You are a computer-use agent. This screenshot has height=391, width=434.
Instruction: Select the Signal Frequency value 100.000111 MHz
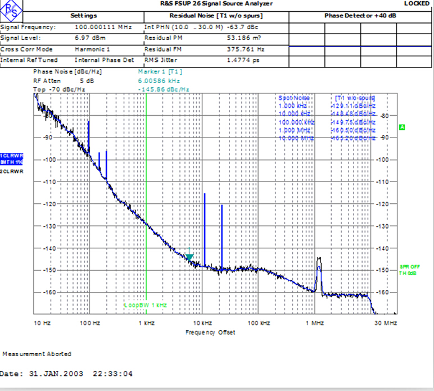pyautogui.click(x=103, y=27)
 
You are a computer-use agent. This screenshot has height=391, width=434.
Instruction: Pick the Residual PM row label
pyautogui.click(x=161, y=38)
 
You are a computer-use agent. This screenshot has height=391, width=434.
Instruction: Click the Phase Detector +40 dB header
pyautogui.click(x=360, y=16)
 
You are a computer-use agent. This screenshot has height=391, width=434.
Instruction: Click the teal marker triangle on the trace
pyautogui.click(x=189, y=257)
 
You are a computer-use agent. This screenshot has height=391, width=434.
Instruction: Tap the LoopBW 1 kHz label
pyautogui.click(x=146, y=305)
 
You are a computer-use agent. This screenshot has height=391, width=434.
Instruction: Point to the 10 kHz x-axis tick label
pyautogui.click(x=202, y=323)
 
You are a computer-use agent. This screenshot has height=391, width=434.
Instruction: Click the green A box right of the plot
pyautogui.click(x=402, y=128)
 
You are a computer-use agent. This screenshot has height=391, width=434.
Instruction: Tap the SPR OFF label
pyautogui.click(x=410, y=266)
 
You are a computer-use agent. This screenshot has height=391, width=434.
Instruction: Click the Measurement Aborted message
pyautogui.click(x=37, y=354)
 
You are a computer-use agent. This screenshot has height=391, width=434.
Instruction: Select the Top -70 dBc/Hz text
pyautogui.click(x=59, y=89)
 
